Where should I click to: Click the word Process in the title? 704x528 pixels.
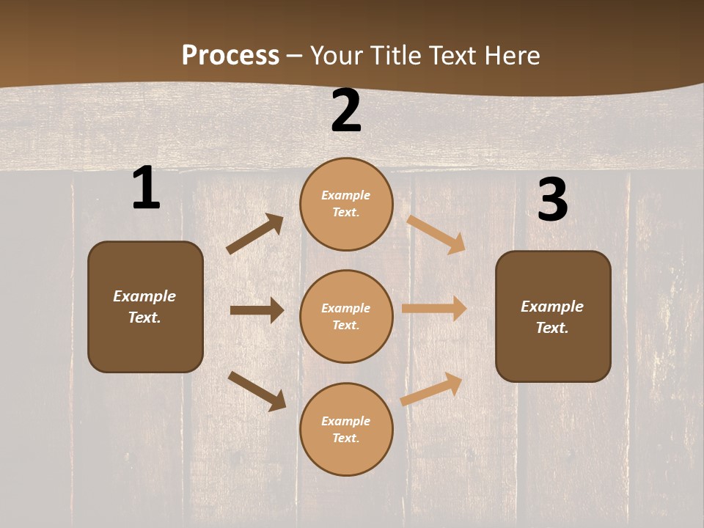(230, 56)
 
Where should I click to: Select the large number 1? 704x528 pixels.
(146, 188)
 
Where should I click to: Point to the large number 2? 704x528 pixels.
(346, 111)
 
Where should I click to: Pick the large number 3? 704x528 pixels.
(552, 200)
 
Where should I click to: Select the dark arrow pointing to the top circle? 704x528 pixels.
(255, 234)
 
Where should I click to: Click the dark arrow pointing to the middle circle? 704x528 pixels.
(257, 310)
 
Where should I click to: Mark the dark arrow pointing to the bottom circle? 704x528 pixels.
(257, 390)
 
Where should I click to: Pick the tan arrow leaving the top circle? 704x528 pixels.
(436, 234)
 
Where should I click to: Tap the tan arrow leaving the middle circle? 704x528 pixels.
(434, 308)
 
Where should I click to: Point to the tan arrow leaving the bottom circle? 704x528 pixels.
(432, 389)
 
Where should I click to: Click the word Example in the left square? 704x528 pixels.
(144, 296)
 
